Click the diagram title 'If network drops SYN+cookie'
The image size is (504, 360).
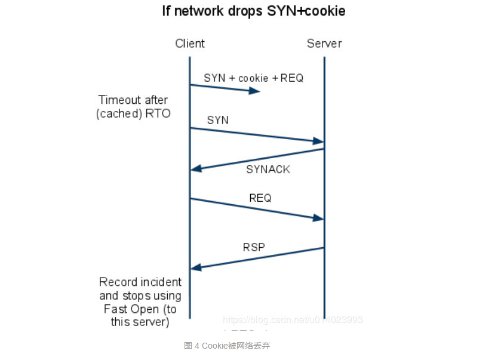pos(253,11)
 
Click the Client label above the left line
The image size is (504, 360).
pos(190,44)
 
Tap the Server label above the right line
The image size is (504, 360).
pos(324,44)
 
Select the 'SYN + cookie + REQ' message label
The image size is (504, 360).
pos(253,78)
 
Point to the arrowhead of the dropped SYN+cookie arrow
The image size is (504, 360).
pos(256,91)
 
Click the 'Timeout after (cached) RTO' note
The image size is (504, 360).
pos(133,107)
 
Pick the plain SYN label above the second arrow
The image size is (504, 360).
pos(217,120)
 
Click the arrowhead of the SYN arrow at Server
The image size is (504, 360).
pos(319,141)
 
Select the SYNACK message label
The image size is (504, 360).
pos(268,170)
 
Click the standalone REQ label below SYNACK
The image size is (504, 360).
pos(260,198)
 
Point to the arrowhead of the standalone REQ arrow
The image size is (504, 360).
pos(319,219)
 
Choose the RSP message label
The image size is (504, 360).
pos(254,247)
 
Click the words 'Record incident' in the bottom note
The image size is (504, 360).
pos(140,282)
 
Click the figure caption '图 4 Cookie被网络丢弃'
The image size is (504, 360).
pos(227,346)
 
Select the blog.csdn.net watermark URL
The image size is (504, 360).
pos(293,320)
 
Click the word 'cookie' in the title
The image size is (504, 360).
pos(324,11)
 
